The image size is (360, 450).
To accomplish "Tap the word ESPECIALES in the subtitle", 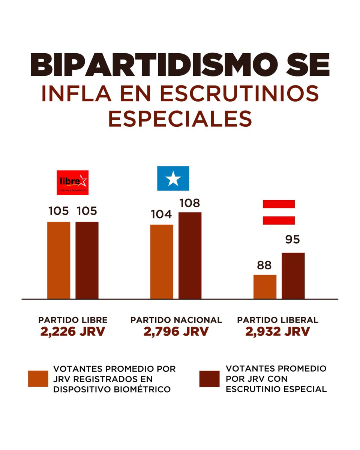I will (180, 119).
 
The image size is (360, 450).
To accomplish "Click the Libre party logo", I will (73, 182).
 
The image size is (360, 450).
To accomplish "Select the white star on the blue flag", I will (173, 179).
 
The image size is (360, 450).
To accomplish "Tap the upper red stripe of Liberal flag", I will (279, 204).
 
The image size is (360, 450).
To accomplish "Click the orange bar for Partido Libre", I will (58, 260).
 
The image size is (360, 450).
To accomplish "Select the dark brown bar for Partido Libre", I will (87, 260).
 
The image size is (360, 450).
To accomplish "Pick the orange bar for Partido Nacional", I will (162, 261).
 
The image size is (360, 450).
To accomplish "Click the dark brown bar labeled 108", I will (190, 255).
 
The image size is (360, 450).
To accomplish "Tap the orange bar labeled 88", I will (265, 286).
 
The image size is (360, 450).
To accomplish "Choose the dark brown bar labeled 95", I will (293, 276).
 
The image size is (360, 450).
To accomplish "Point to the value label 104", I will (162, 215).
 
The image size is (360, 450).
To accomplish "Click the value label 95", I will (292, 240).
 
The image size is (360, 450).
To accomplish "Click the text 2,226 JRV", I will (73, 331).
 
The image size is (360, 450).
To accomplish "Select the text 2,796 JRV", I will (176, 331).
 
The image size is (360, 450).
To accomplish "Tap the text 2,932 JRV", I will (277, 331).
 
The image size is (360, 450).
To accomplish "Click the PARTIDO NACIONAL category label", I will (176, 320).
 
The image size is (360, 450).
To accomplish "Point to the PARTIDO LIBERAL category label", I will (277, 320).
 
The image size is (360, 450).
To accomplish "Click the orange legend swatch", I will (38, 379).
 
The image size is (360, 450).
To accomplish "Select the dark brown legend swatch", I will (209, 379).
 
